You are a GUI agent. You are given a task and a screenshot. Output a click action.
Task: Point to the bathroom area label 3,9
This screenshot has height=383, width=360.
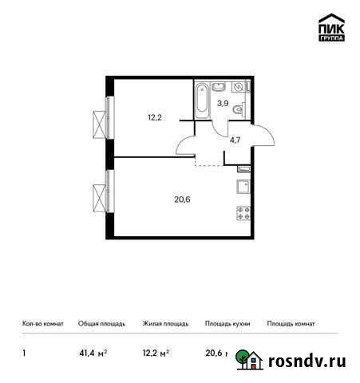pos(224,102)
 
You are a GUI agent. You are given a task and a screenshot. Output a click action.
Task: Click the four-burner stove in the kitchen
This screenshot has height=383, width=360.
pos(243,213)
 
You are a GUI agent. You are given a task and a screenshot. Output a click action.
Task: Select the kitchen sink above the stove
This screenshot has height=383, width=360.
pos(243,187)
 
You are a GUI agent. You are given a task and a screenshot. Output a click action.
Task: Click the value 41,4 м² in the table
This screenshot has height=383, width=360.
pos(93,352)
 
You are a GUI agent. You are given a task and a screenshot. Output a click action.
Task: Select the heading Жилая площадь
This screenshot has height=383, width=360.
pos(165,325)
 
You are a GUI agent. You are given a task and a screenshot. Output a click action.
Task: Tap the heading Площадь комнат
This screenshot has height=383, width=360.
pos(291,325)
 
